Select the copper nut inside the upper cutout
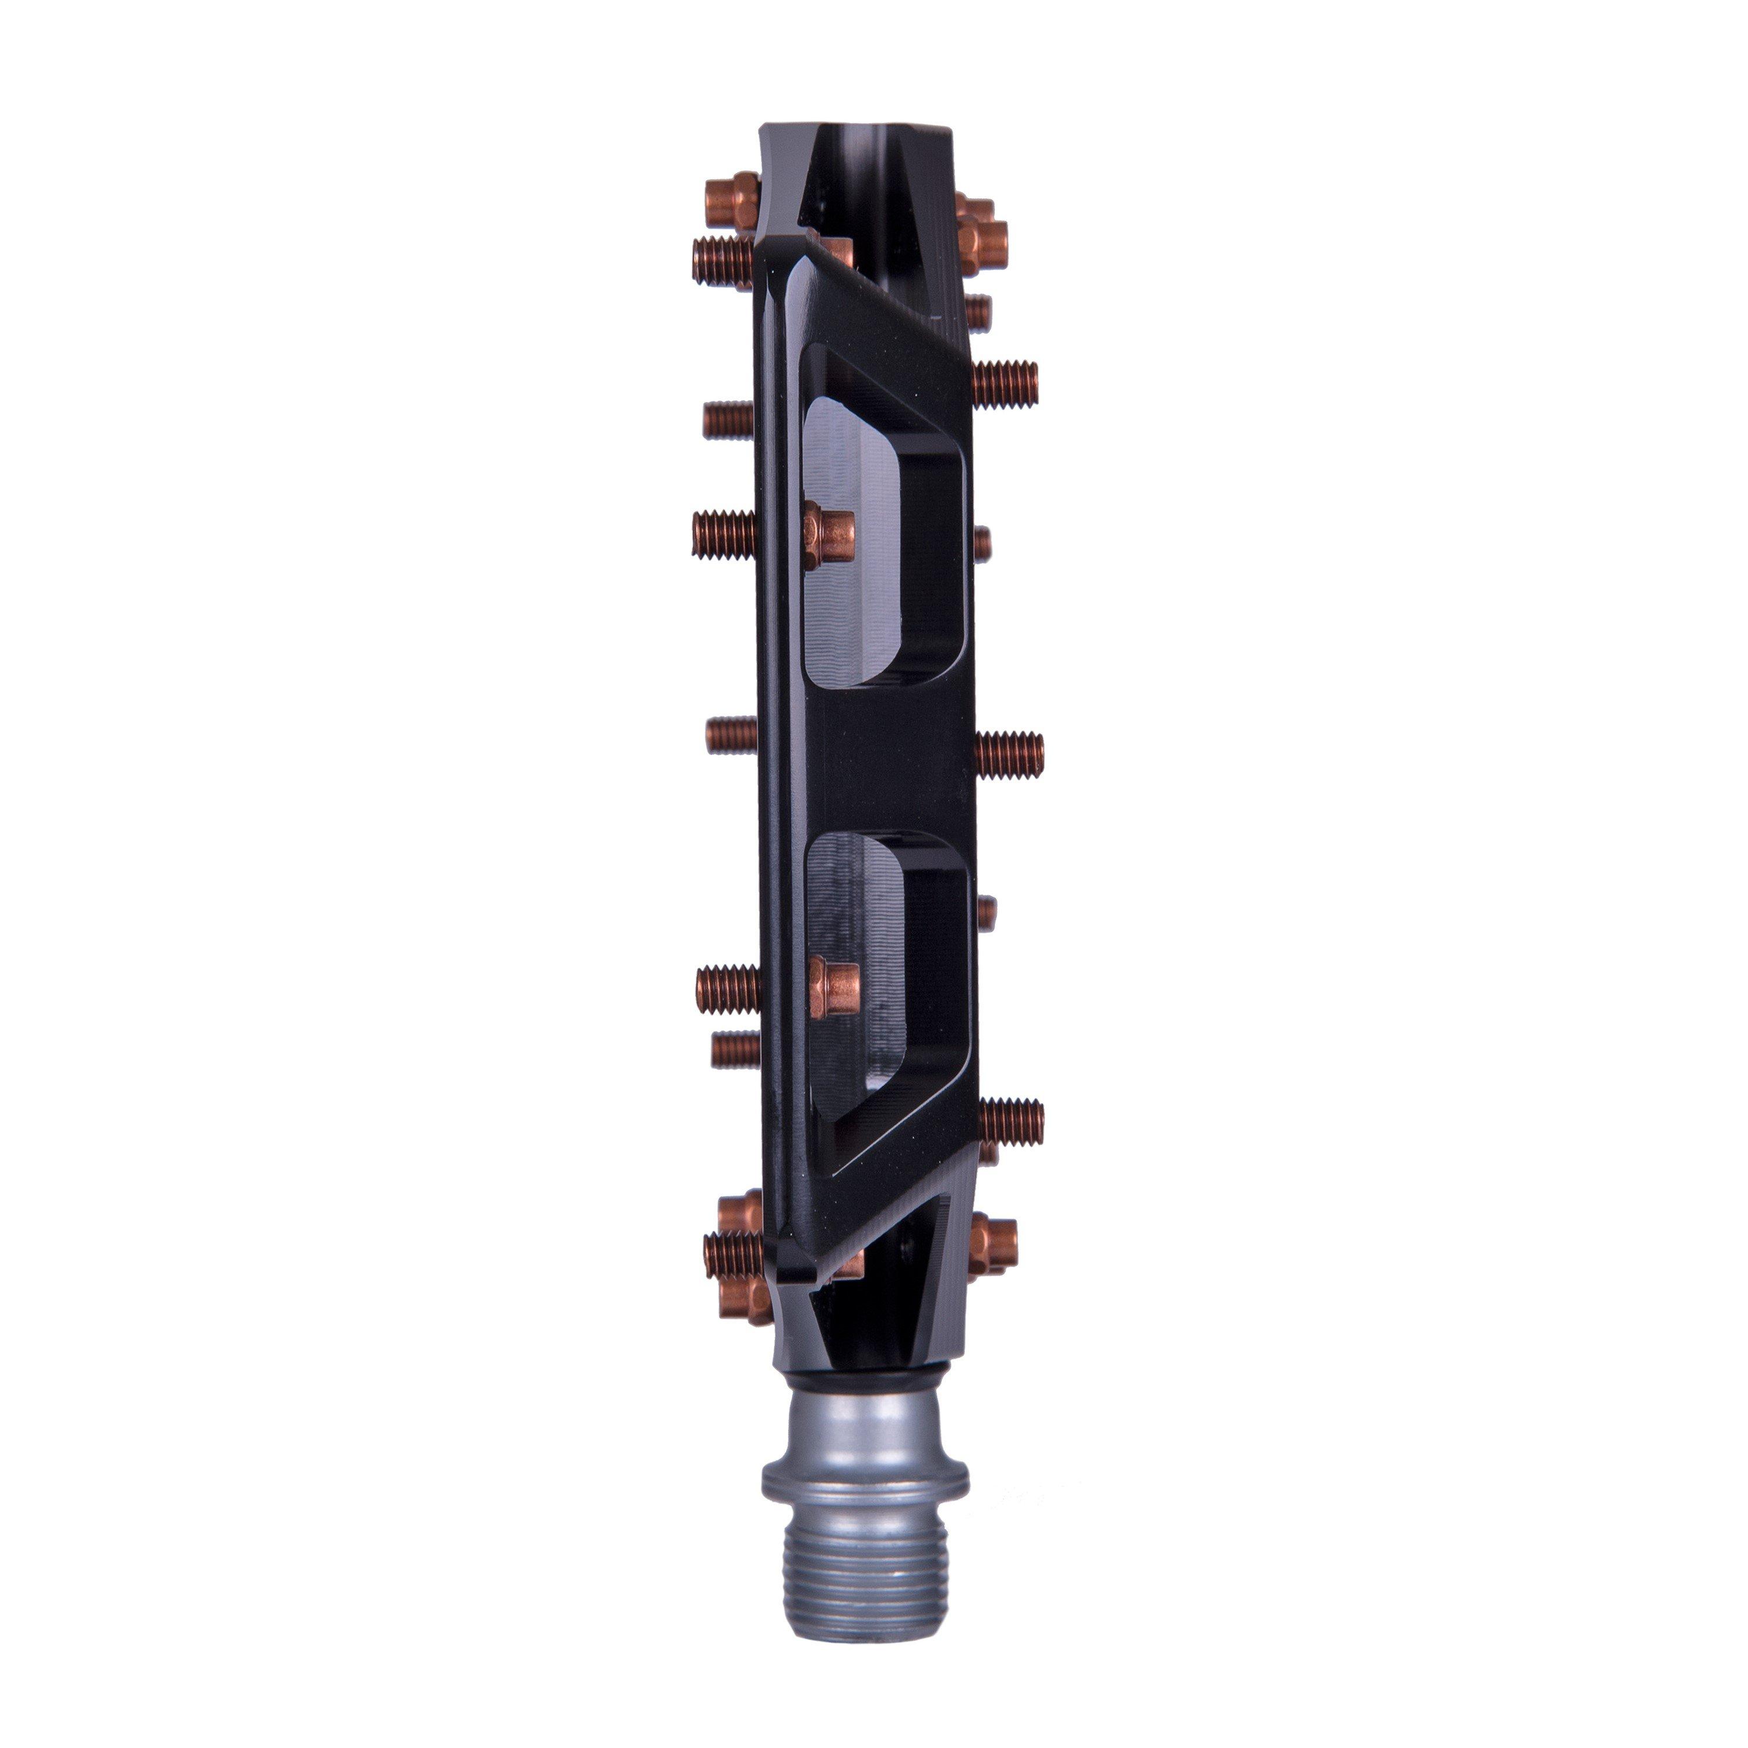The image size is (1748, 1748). click(x=830, y=535)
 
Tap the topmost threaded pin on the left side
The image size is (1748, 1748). click(x=724, y=260)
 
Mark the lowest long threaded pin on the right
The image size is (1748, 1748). click(x=1012, y=1122)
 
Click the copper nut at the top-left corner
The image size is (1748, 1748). click(x=733, y=199)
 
